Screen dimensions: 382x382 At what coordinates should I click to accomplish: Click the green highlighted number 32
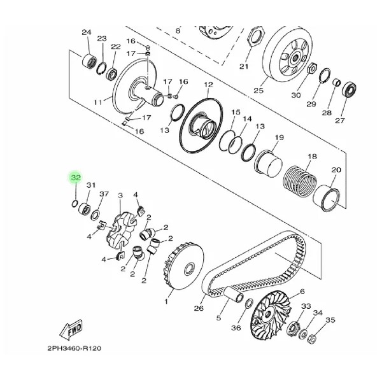coord(75,178)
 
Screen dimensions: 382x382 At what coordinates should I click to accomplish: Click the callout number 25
coord(258,90)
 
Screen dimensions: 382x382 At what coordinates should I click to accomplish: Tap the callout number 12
coord(208,85)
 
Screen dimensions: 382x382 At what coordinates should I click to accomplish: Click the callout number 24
coord(87,32)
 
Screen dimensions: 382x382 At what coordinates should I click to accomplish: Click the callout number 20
coord(336,170)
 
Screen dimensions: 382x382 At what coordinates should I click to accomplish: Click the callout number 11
coord(97,102)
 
